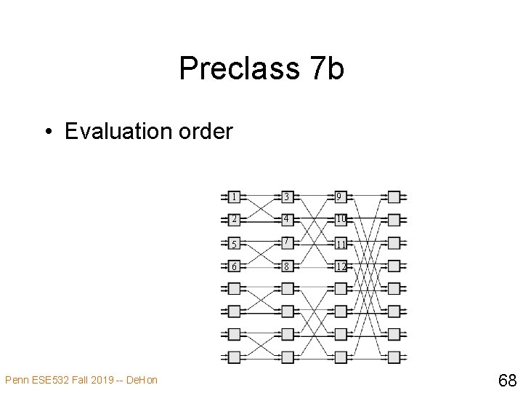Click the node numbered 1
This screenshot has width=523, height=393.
(x=234, y=196)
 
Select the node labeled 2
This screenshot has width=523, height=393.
(x=234, y=219)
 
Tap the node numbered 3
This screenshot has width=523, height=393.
(x=288, y=196)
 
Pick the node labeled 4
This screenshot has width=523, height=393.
(x=288, y=219)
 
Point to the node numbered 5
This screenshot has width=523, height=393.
(x=234, y=243)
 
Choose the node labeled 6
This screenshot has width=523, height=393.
(x=234, y=266)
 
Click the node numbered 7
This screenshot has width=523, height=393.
(x=288, y=242)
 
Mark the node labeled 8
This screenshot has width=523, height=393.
(x=288, y=266)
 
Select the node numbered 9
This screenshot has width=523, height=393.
(x=341, y=196)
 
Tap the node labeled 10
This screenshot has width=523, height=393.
(x=341, y=219)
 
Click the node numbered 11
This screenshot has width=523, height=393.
(x=341, y=243)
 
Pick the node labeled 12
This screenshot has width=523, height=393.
(x=341, y=266)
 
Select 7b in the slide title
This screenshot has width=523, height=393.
(x=326, y=69)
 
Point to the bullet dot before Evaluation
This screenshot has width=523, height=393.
(x=48, y=132)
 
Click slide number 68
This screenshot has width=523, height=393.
(x=506, y=379)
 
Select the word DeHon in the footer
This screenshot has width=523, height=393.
(x=142, y=379)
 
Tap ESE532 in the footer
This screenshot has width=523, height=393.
(x=46, y=379)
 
